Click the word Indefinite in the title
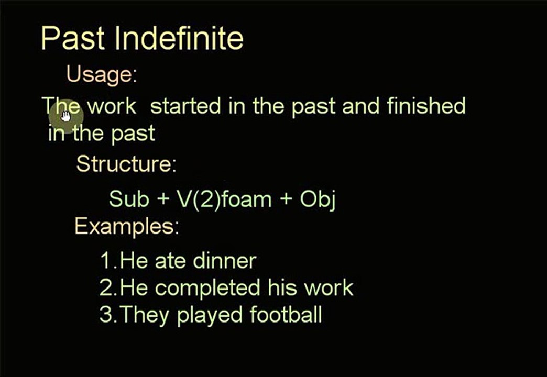click(179, 38)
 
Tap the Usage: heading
click(102, 74)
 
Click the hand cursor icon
click(65, 116)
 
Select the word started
click(185, 106)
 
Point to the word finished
click(426, 105)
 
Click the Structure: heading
click(126, 163)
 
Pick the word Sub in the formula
click(129, 199)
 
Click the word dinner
click(225, 260)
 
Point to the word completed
click(207, 289)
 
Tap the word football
click(286, 314)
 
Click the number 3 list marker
click(105, 315)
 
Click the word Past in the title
click(73, 38)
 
